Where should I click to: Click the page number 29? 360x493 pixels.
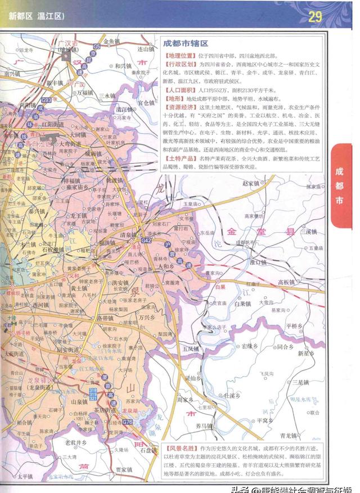[x=314, y=16]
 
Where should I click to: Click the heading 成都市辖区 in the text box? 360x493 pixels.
[x=186, y=43]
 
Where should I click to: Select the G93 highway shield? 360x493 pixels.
[x=46, y=100]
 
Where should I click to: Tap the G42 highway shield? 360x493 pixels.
[x=147, y=241]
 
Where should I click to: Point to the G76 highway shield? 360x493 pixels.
[x=128, y=422]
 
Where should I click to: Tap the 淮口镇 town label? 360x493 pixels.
[x=258, y=262]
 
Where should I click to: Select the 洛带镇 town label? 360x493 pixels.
[x=106, y=318]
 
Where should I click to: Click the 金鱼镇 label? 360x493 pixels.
[x=111, y=42]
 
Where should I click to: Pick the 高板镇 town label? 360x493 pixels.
[x=287, y=282]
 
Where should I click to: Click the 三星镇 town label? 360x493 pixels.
[x=302, y=382]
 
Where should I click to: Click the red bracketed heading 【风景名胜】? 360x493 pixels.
[x=182, y=449]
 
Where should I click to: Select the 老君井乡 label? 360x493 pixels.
[x=76, y=442]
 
